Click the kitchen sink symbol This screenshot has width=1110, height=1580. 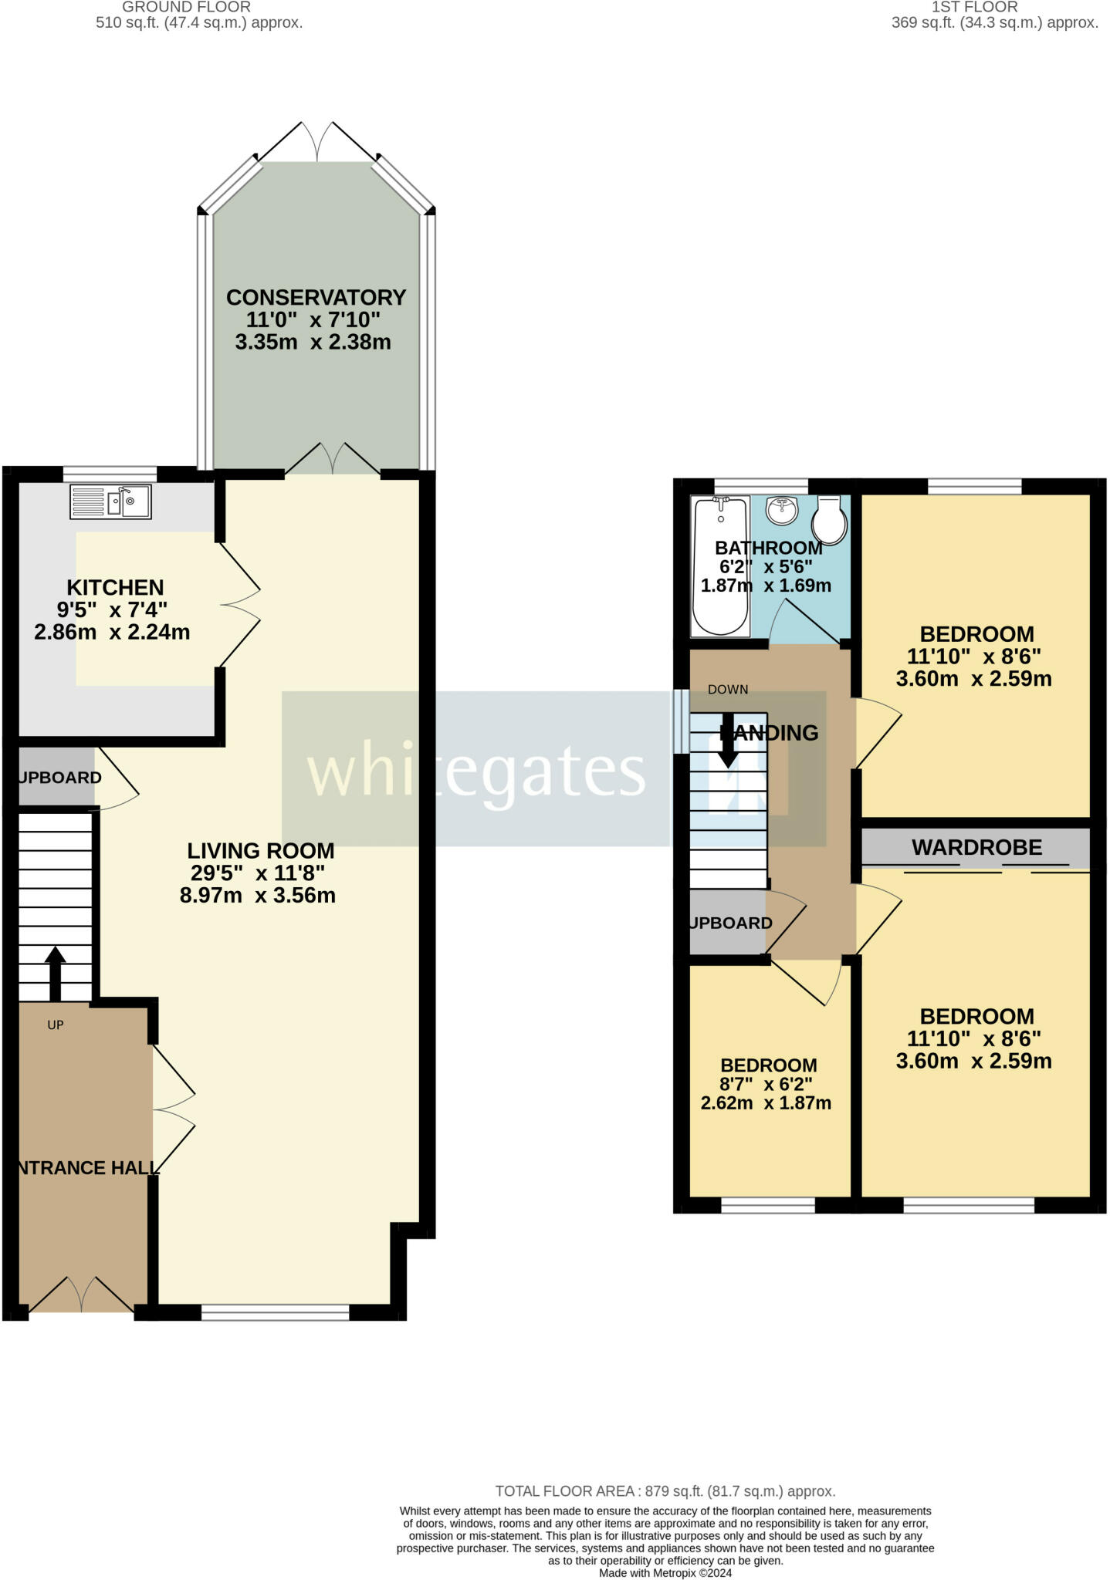[110, 501]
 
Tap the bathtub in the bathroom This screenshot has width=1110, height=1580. [720, 567]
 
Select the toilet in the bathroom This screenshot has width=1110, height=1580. [830, 520]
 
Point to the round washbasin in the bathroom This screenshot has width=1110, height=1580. [782, 510]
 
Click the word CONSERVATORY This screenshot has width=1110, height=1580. [316, 297]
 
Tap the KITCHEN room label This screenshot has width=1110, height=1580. [115, 588]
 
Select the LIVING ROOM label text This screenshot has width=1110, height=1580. [261, 851]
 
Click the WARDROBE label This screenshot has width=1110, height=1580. [976, 848]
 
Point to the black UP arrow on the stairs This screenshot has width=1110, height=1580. [55, 973]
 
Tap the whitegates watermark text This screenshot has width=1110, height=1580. [476, 771]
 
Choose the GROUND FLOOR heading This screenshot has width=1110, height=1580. [186, 7]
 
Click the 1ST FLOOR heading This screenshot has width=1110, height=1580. [974, 7]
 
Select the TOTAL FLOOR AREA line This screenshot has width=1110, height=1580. [665, 1491]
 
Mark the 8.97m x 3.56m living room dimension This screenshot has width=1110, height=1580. [257, 896]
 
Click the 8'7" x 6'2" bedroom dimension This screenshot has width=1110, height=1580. [766, 1084]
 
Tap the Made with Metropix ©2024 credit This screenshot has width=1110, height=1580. [665, 1573]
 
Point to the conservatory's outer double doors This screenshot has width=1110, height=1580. [316, 143]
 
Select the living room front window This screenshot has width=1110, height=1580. [276, 1312]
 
